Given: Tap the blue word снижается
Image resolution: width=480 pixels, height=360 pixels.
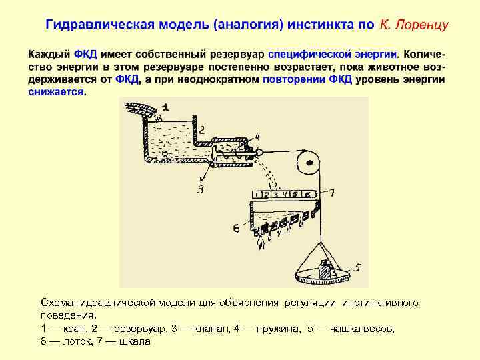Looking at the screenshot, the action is (x=57, y=91).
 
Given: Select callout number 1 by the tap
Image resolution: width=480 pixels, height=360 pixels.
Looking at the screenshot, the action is (x=165, y=107).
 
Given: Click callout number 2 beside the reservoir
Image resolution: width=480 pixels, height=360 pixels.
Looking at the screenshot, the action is (x=202, y=129).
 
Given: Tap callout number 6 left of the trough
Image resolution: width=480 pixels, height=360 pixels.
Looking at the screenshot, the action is (x=236, y=229).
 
